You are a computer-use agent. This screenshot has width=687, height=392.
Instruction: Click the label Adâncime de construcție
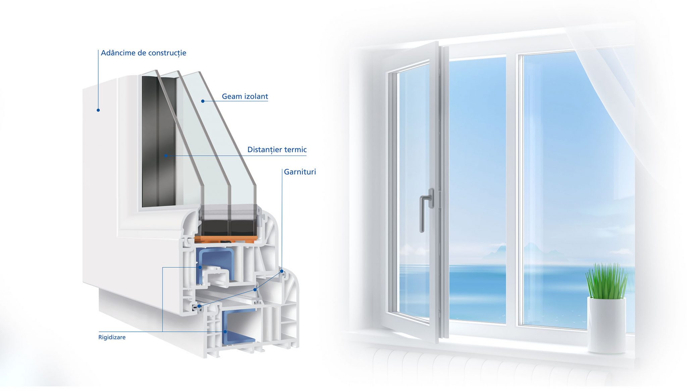(x=144, y=53)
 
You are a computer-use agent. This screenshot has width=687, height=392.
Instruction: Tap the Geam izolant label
(x=245, y=97)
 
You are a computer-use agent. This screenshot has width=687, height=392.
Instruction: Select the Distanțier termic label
(x=277, y=150)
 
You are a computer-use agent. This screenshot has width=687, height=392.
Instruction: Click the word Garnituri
(x=300, y=172)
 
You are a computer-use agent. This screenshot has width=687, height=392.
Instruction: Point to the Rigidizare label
(x=112, y=337)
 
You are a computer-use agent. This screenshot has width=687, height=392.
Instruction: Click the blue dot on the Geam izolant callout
(x=203, y=101)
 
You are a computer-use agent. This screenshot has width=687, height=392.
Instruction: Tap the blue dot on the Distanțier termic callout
(x=166, y=156)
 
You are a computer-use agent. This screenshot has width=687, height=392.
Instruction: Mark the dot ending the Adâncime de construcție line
(x=98, y=110)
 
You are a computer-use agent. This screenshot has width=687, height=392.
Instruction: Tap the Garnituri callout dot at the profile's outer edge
(x=282, y=271)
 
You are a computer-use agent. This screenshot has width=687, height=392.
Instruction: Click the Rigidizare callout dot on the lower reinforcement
(x=225, y=332)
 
